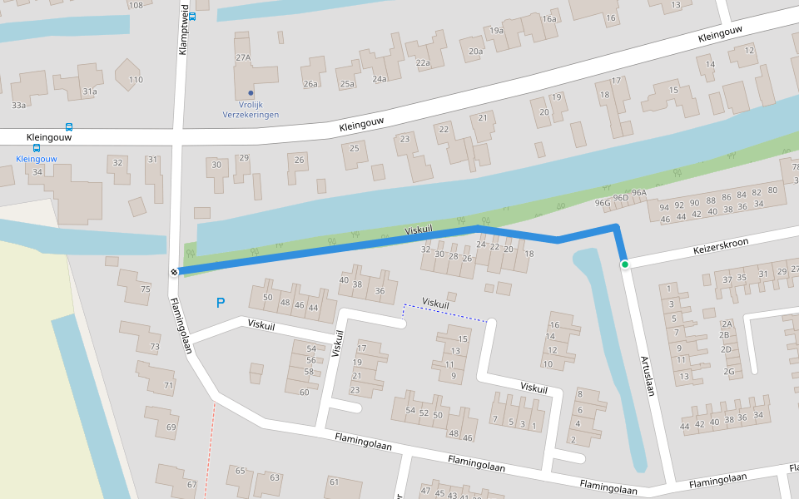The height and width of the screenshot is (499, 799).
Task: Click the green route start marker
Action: (624, 264)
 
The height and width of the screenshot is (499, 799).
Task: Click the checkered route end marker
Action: (175, 272)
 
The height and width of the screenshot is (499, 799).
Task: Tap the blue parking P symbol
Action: (221, 304)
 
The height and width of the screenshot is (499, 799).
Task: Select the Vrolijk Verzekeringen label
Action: (251, 109)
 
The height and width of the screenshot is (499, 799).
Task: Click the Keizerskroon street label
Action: (721, 246)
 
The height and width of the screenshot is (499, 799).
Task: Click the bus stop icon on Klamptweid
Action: (192, 16)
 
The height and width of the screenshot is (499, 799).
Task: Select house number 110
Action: (136, 80)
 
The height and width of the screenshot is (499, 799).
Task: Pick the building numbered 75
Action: (146, 289)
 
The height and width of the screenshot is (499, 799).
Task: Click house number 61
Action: (334, 482)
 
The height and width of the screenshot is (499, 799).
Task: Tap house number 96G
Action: (603, 202)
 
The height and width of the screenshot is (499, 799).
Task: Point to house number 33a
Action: (18, 106)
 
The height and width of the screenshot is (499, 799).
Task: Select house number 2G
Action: (729, 371)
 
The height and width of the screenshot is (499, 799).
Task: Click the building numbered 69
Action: (171, 427)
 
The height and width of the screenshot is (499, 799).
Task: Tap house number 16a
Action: (548, 19)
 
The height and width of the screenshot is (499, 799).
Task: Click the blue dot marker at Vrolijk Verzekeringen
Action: (251, 92)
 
